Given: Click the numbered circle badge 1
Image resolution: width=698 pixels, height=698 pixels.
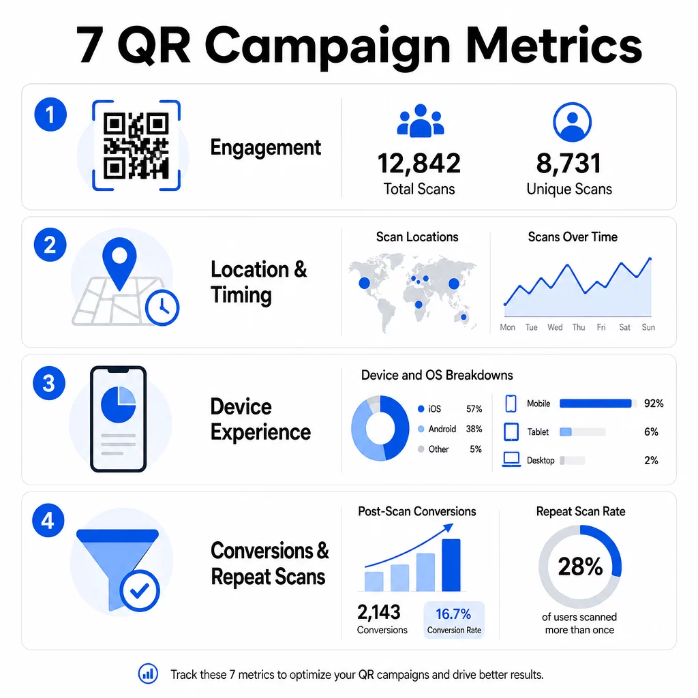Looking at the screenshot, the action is coord(50,115).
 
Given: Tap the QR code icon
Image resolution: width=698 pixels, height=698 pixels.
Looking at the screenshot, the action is coord(136,146).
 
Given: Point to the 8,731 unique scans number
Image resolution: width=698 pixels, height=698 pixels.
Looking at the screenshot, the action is coord(568,164).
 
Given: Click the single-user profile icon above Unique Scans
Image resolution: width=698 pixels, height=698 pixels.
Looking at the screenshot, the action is coord(572,122).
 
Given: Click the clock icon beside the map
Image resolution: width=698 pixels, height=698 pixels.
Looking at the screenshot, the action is coord(162,307).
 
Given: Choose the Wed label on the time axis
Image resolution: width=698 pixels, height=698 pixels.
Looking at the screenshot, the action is coord(555,327).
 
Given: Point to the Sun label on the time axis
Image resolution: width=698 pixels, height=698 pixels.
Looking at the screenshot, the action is coord(648,327).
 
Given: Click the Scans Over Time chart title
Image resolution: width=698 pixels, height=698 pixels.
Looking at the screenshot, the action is coord(573,237).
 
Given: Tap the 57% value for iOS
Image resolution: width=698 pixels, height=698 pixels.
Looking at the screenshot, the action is coord(474,409).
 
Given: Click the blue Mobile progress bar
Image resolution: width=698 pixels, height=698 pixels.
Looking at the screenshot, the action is coord(595,404).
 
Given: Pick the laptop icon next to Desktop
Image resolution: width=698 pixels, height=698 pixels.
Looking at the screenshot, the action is coord(511,459).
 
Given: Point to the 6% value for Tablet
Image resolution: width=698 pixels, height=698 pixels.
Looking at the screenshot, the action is coord(651,431).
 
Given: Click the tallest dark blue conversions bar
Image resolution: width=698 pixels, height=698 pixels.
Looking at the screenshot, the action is coord(451,565).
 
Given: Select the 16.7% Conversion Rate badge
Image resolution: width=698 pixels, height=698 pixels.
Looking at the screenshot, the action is coord(453,620).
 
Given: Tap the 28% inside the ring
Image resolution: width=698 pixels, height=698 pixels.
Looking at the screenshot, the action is coord(580,566).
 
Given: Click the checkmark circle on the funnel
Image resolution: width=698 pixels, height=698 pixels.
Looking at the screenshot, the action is coord(140,591).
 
